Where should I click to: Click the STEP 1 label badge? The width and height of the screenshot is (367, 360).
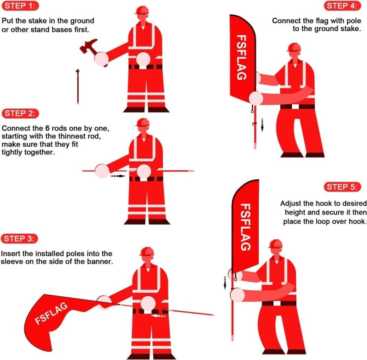[20, 6]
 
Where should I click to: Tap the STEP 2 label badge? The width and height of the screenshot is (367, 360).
[20, 113]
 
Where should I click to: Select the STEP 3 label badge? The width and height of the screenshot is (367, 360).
[20, 238]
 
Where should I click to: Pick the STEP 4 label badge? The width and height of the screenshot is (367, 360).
[342, 6]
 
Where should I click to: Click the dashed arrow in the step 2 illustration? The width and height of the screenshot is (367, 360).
[118, 175]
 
